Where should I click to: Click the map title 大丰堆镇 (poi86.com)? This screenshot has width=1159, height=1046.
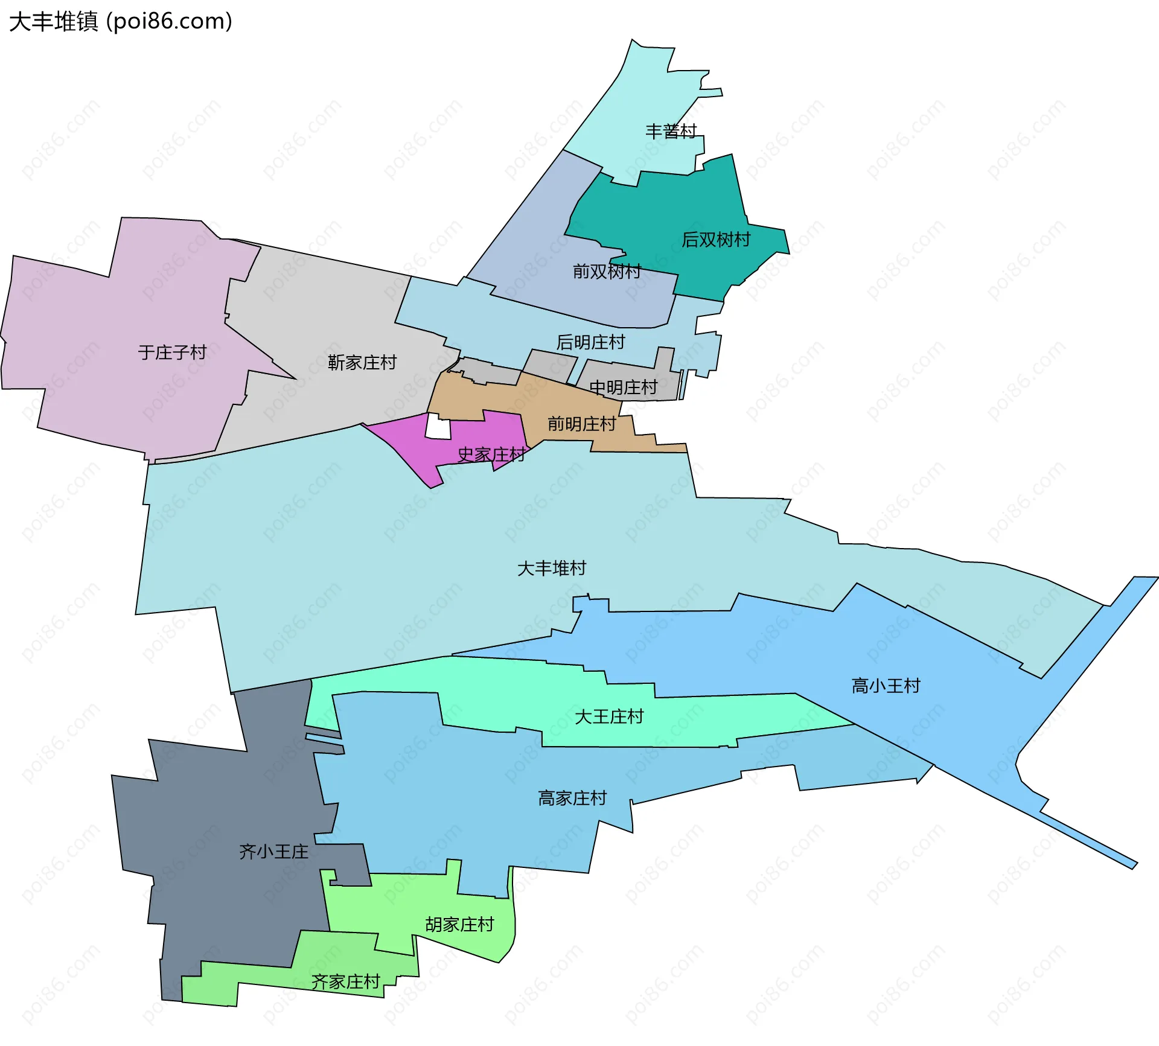(x=121, y=22)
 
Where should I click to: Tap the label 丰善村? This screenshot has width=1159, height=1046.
(x=671, y=131)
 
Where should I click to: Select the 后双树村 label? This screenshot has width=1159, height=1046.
(x=715, y=240)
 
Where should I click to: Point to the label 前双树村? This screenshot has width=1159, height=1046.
(x=607, y=272)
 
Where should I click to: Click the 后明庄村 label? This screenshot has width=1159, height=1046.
(x=590, y=342)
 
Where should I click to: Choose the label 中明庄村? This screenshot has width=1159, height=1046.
(x=623, y=387)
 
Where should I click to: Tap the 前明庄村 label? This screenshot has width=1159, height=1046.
(x=581, y=424)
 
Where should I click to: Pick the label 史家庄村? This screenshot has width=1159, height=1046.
(x=491, y=454)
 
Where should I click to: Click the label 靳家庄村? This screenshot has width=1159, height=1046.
(x=362, y=362)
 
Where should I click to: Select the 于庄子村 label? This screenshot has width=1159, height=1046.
(x=172, y=352)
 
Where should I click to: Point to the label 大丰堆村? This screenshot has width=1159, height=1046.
(x=552, y=568)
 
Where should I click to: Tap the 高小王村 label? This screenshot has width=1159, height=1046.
(x=886, y=686)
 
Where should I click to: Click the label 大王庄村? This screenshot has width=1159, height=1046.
(x=609, y=716)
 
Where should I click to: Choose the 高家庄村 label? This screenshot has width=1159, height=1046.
(x=572, y=798)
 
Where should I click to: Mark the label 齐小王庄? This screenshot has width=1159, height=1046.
(x=273, y=852)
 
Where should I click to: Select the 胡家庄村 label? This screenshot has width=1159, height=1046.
(x=459, y=924)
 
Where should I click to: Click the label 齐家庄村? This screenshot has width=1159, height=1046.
(x=345, y=982)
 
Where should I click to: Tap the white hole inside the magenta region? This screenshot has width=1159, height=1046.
(x=438, y=427)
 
